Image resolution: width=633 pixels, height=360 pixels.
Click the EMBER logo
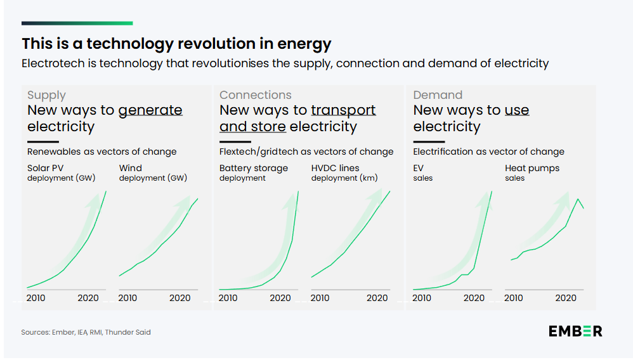[575, 331]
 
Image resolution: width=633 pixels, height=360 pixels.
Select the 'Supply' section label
[46, 95]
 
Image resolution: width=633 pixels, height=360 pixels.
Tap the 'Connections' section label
[255, 95]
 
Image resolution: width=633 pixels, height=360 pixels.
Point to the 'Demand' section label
[438, 95]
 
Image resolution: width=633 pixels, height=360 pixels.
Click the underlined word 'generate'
[150, 110]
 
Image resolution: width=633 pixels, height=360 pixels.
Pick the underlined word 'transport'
[343, 110]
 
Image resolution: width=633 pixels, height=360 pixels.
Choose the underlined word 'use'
[517, 110]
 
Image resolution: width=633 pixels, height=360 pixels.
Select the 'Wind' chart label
[131, 168]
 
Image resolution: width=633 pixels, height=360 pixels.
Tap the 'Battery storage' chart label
[254, 168]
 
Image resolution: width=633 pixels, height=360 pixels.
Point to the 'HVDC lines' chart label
[336, 168]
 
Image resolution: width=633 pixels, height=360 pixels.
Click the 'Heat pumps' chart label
[532, 168]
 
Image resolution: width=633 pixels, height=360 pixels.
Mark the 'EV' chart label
[419, 168]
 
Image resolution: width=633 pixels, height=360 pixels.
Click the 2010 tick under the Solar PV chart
[36, 298]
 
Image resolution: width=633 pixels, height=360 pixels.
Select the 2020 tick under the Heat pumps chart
[566, 298]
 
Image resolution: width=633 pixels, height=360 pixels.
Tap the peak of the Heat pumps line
[577, 199]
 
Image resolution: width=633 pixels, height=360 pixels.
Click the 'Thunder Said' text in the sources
[133, 332]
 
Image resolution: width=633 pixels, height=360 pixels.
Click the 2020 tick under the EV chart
[474, 298]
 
